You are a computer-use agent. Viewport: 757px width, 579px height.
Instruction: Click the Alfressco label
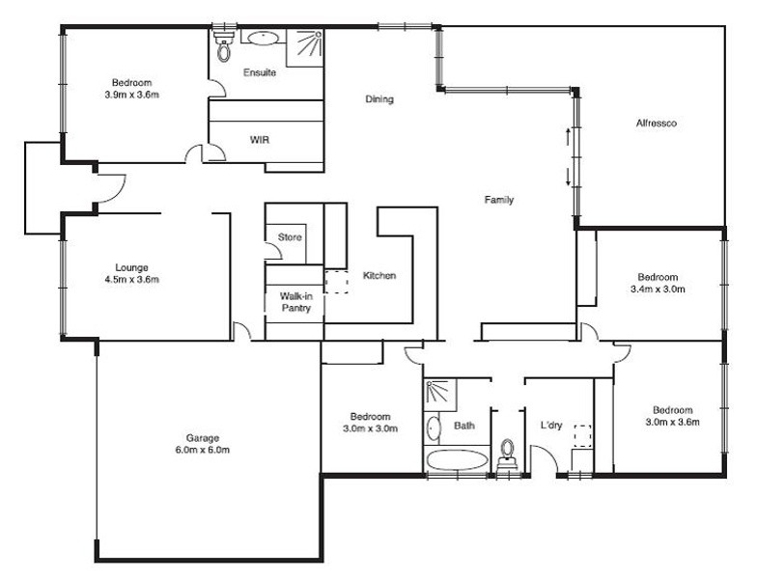point(657,124)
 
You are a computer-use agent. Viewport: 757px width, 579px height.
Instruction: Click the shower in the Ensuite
point(305,48)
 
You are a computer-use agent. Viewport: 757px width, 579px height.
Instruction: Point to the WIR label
point(260,140)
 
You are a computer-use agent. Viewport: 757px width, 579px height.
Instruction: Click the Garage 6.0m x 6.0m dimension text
point(203,450)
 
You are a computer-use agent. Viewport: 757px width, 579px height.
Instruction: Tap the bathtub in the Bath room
point(458,459)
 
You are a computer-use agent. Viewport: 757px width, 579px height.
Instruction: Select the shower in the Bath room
point(440,396)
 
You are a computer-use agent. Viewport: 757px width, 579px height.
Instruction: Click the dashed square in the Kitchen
point(336,282)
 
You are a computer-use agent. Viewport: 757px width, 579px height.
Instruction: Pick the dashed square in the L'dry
point(583,436)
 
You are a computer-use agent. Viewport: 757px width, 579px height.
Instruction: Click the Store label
point(290,237)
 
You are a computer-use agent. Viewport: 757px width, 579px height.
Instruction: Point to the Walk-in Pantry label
point(295,302)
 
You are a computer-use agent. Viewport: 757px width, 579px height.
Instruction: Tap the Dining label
point(379,98)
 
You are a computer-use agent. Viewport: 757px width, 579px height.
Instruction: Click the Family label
point(499,199)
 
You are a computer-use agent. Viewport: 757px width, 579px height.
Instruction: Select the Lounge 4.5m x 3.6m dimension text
point(131,279)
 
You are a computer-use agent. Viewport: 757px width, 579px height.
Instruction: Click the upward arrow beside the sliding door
point(568,137)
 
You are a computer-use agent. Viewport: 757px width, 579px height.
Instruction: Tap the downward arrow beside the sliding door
point(568,178)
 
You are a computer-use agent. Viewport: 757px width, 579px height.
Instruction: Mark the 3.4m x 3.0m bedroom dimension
point(658,289)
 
